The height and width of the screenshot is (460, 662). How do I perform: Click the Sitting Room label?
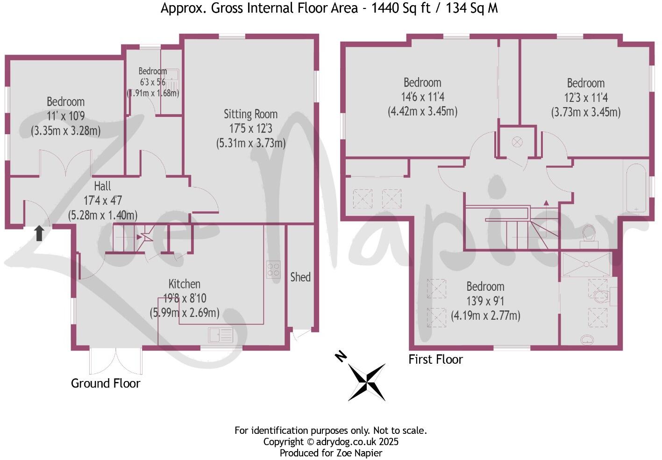pos(250,114)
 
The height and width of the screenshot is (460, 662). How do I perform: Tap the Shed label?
pos(300,277)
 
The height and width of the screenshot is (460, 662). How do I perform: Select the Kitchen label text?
pos(184,284)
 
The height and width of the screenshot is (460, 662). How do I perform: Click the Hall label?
pos(102,186)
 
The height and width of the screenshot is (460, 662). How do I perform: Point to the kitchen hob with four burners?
pos(273,269)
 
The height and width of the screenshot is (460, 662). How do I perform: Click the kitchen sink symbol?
pos(221,335)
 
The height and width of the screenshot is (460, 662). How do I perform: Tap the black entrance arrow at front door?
pos(39,233)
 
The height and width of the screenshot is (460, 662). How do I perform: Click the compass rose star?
pos(367,382)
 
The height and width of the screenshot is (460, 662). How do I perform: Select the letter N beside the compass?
pos(341,357)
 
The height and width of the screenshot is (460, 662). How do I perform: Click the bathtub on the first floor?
pos(635,187)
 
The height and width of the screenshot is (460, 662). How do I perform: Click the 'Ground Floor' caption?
pos(106,383)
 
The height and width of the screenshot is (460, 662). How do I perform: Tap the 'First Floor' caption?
pos(435,359)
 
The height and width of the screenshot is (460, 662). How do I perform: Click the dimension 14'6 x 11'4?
pos(422,97)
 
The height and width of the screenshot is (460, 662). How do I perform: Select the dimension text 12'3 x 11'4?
pos(585,98)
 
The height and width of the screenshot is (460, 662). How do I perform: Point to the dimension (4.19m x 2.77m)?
pos(485,316)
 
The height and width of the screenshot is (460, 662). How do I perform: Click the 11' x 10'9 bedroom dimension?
pos(65,116)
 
